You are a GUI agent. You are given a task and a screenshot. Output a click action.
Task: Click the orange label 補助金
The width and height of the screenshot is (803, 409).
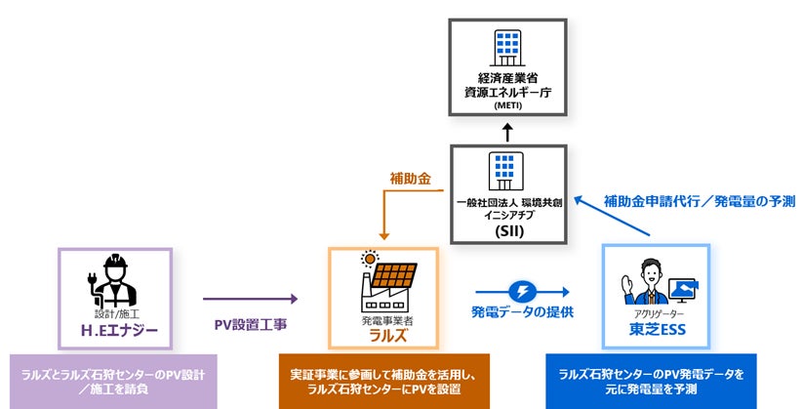point(411,181)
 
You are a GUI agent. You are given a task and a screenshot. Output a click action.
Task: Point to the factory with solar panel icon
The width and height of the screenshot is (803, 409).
point(385,280)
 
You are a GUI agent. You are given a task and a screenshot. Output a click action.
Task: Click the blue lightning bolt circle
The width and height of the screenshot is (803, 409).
point(523,291)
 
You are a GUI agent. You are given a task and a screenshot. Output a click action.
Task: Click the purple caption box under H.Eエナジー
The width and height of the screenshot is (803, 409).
point(113,382)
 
